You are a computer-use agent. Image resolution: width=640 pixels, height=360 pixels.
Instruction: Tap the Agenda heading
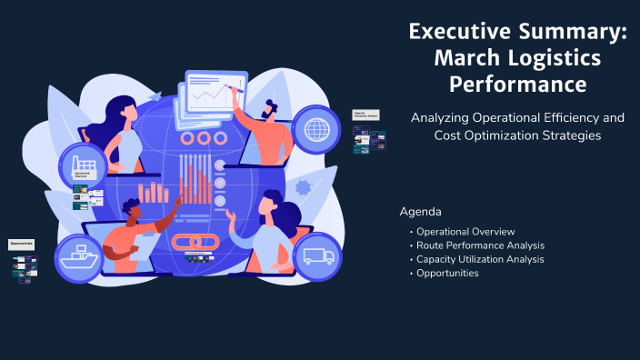(x=420, y=212)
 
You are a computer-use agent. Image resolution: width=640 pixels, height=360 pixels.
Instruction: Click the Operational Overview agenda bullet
(x=465, y=232)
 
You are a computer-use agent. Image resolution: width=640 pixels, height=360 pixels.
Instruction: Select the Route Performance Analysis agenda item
(x=480, y=245)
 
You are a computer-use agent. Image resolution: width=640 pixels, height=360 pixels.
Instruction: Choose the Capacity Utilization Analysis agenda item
(x=480, y=259)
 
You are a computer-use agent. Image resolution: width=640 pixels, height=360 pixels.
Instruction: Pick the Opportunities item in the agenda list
(x=447, y=273)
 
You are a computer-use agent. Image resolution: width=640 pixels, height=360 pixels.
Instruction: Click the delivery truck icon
(x=317, y=256)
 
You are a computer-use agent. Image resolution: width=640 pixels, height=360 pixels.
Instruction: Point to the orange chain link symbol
(x=193, y=244)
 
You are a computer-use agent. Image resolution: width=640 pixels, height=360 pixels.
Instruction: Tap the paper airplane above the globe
(x=155, y=95)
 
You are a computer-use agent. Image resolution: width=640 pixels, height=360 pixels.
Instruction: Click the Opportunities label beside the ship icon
(x=22, y=244)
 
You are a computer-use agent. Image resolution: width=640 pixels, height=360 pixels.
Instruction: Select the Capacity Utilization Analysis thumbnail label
(x=365, y=116)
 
